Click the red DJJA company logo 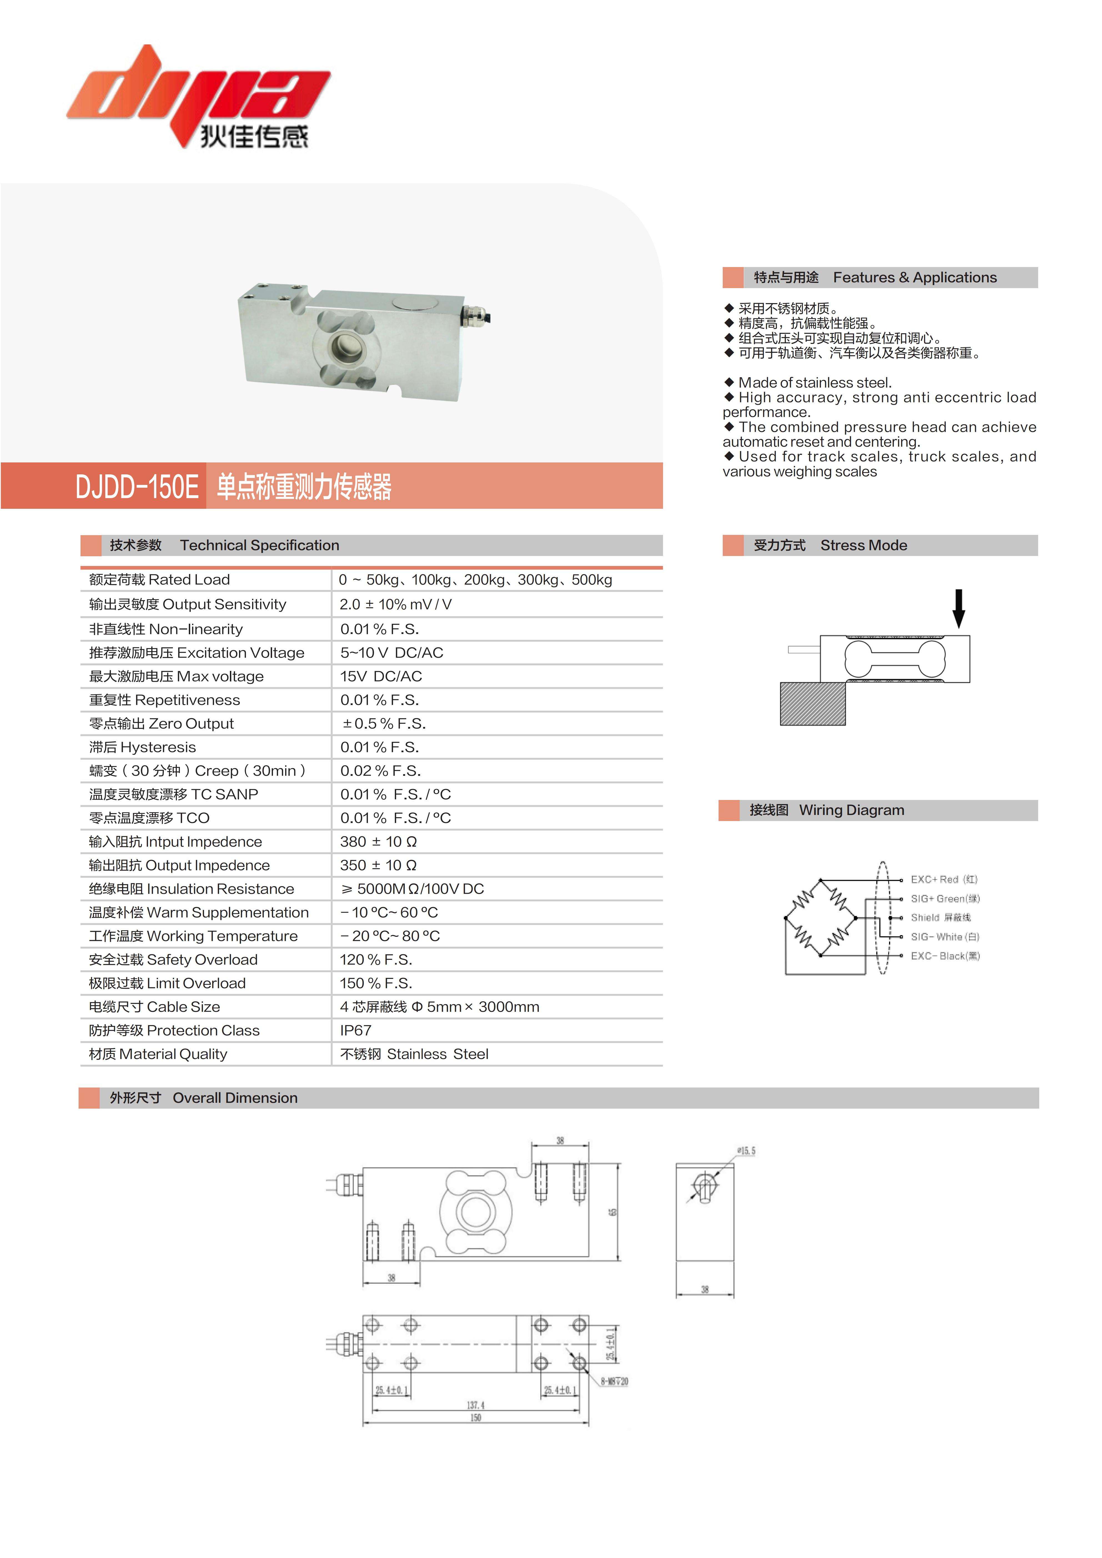[197, 95]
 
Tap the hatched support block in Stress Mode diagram [812, 704]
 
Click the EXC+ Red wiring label [943, 879]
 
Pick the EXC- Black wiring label [945, 956]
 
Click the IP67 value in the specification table [356, 1031]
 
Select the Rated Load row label [159, 580]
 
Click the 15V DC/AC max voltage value [381, 676]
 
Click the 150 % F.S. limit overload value [376, 984]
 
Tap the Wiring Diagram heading [851, 810]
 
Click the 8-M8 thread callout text [614, 1381]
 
